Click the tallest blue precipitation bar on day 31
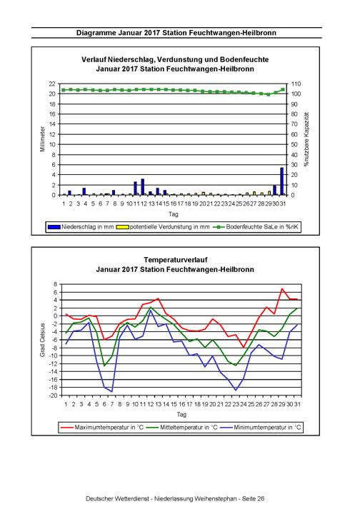281,181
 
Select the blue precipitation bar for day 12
142,187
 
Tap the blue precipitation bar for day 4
84,191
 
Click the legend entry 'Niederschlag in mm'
81,226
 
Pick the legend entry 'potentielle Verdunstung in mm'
163,226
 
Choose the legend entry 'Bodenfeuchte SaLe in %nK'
256,226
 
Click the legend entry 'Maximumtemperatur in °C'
101,427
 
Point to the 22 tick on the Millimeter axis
52,84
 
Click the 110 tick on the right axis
296,84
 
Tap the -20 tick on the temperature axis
54,395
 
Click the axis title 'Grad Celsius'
42,340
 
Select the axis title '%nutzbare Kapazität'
306,139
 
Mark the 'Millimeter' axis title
42,139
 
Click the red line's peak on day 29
282,288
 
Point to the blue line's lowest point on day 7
112,391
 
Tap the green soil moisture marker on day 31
283,90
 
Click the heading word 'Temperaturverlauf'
176,260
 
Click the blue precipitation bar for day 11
135,188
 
